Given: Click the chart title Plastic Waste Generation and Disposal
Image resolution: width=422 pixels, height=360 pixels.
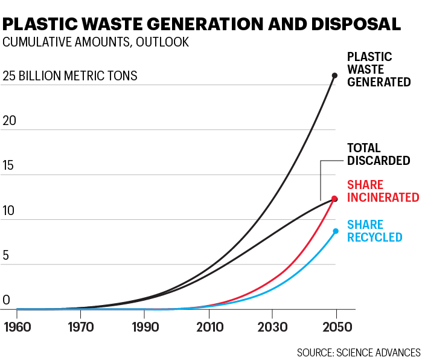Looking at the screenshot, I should [x=202, y=24].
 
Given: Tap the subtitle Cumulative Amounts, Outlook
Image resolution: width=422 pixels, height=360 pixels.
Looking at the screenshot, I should [x=95, y=42].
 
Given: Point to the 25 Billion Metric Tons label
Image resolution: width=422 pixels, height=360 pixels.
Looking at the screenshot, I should [x=70, y=77].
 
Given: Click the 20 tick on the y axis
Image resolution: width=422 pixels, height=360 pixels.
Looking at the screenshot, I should [x=10, y=121].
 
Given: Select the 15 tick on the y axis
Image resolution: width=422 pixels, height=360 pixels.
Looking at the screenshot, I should [x=9, y=166].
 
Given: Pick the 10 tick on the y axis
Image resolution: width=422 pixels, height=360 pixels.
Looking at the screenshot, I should [x=9, y=211].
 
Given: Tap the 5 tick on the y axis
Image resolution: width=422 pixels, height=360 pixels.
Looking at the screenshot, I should [x=6, y=256].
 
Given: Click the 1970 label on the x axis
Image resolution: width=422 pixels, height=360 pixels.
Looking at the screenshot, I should [x=81, y=327].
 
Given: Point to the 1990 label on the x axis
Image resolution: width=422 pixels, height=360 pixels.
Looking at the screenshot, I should [x=144, y=327].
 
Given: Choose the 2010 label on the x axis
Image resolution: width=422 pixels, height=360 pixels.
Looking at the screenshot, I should [x=208, y=327].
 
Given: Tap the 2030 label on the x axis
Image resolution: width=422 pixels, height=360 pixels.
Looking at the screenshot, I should [x=272, y=327].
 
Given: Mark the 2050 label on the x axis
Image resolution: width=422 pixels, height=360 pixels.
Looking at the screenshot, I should [x=336, y=327].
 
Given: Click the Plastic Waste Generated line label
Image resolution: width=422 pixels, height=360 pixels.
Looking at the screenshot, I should [x=379, y=69].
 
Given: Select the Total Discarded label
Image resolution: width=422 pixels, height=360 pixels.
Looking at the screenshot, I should [x=379, y=154].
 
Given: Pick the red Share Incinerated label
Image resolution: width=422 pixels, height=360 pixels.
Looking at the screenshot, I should [x=383, y=191].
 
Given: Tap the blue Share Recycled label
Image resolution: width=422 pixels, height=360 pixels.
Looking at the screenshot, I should [x=374, y=230].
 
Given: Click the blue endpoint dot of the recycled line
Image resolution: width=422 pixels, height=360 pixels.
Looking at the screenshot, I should [x=336, y=231].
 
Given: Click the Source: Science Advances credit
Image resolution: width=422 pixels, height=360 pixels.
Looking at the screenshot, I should [x=358, y=352].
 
